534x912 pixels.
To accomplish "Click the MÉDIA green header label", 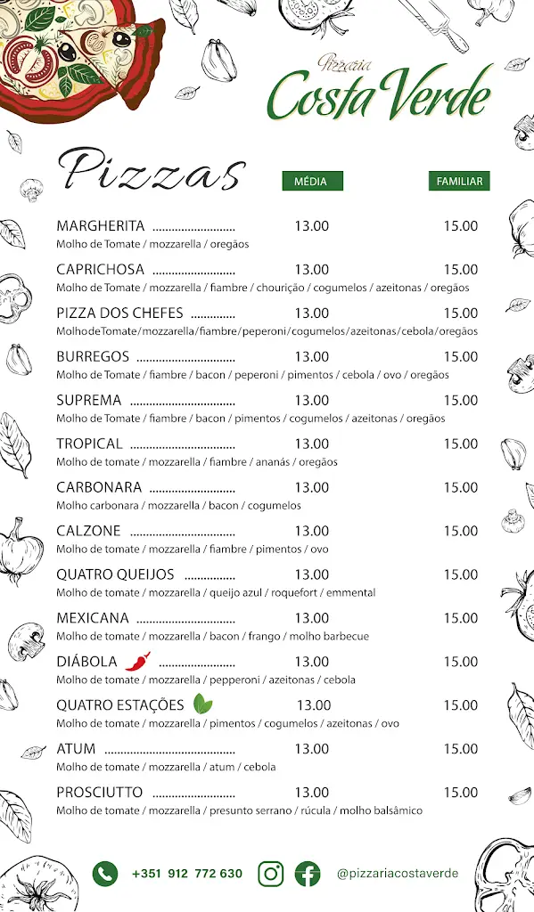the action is pos(312,181).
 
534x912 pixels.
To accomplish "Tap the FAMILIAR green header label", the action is pos(459,181).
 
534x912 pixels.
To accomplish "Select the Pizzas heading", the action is pos(152,169).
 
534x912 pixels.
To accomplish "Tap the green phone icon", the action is pos(105,874).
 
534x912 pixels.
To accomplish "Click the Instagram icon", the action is pos(271,874).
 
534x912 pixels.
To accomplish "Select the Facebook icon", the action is pos(308,874).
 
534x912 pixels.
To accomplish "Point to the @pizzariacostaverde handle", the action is pos(398,874).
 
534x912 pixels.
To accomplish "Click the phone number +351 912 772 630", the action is pos(187,874).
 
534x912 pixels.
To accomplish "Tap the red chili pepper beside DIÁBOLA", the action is pos(137,661).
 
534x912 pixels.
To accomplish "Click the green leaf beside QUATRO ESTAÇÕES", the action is pos(203,704).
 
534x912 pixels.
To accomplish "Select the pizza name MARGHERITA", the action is pos(101,226).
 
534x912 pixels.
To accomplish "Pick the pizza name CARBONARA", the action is pos(99,487).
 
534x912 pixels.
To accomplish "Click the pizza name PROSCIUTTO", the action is pos(100,792).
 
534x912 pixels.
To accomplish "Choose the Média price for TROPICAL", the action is pos(312,444).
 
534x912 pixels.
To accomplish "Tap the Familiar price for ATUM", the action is pos(461,748).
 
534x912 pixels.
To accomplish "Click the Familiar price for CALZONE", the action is pos(461,531).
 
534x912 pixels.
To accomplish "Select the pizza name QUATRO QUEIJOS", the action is pos(115,574).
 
